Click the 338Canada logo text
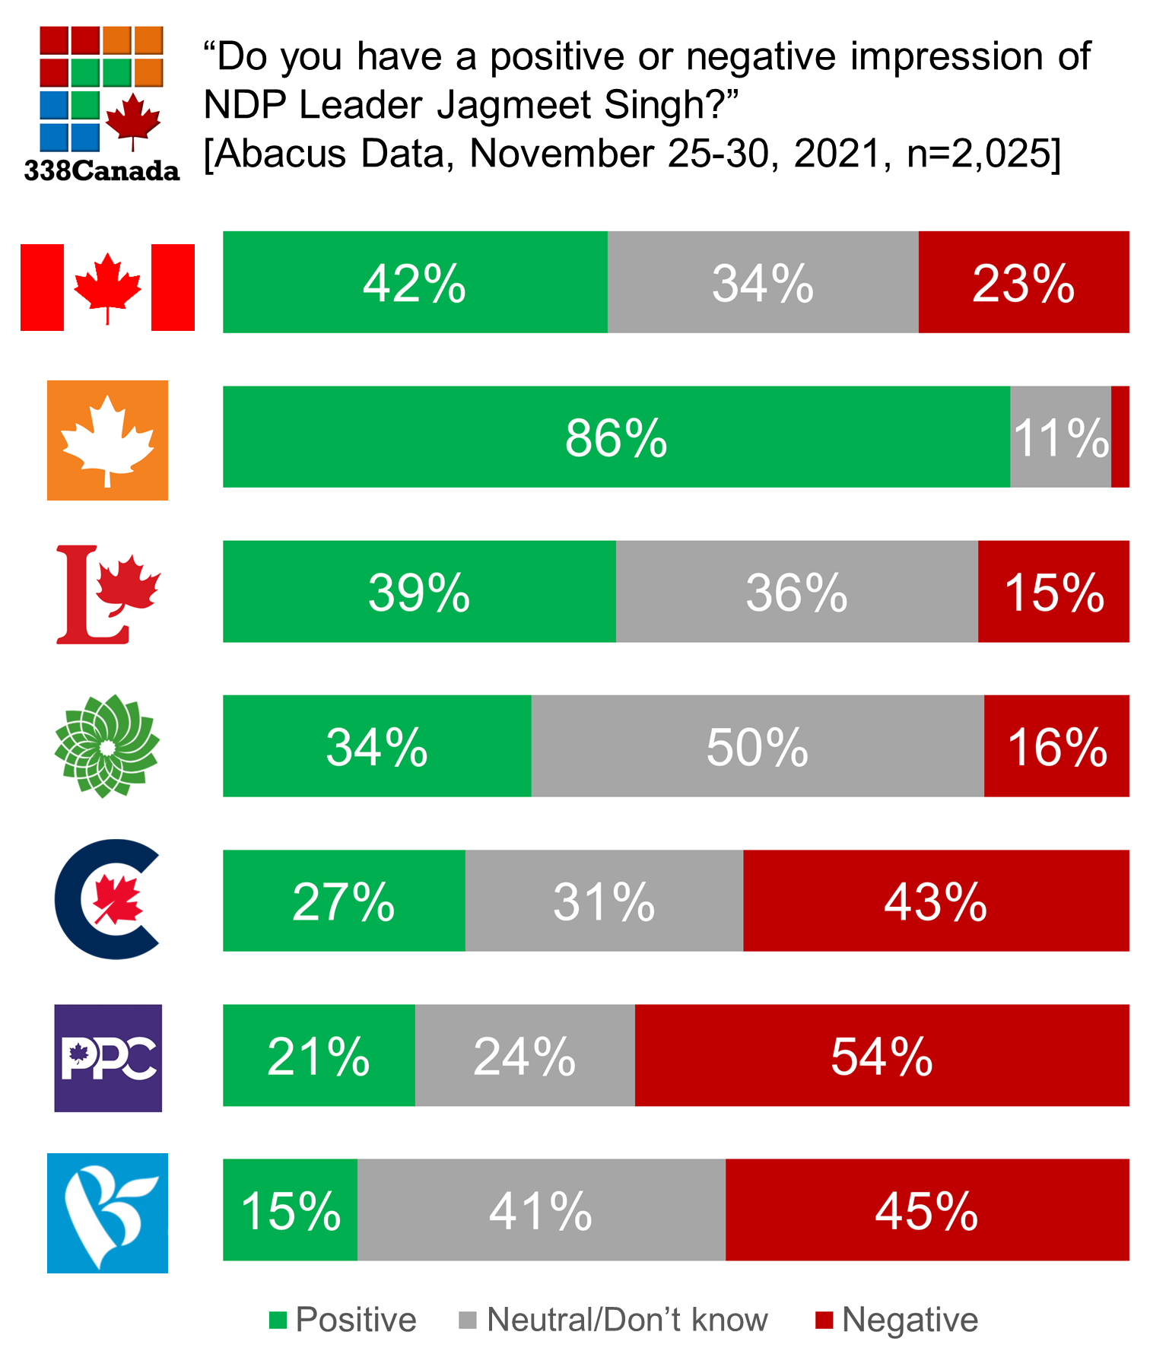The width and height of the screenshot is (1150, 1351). [102, 171]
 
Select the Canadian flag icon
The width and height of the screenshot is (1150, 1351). [107, 288]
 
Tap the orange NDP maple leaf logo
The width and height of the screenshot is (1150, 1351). [107, 440]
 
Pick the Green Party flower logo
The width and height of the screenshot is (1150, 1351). [107, 746]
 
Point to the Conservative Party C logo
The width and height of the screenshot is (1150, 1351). [107, 899]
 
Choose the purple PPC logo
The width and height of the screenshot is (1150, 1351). [108, 1058]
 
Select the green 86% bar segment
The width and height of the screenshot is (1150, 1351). [616, 437]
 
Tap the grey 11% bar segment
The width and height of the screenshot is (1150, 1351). [1060, 437]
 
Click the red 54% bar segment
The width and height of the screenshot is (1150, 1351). [882, 1055]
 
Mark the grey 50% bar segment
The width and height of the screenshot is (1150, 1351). [758, 746]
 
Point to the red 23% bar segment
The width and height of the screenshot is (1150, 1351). [1024, 282]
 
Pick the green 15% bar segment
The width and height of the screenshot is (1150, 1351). [290, 1210]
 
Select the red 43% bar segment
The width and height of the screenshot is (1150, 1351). [936, 901]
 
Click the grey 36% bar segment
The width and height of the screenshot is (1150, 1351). [796, 592]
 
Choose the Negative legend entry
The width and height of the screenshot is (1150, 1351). [897, 1320]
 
